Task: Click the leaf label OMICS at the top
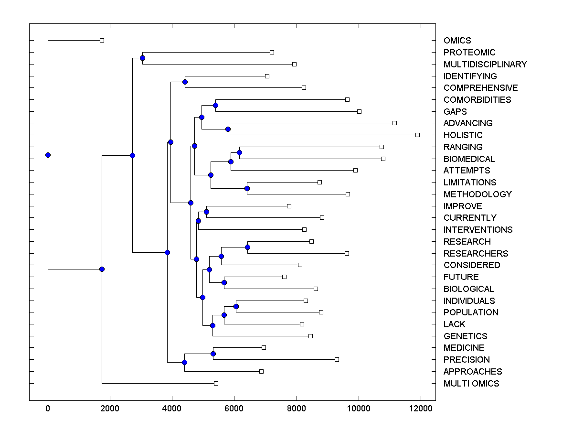(457, 41)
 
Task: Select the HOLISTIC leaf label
(463, 135)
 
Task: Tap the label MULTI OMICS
(471, 384)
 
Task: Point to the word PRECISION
(467, 360)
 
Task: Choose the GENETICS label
(465, 336)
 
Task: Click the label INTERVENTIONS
(478, 230)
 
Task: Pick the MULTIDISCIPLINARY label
(485, 64)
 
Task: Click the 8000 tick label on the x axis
(297, 408)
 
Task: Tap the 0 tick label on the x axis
(48, 408)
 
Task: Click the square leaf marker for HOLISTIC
(417, 135)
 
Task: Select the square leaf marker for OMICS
(102, 41)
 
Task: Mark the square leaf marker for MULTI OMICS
(216, 383)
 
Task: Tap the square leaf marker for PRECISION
(337, 359)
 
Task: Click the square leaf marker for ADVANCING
(394, 123)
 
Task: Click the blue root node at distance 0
(48, 155)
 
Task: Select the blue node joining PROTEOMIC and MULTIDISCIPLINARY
(142, 58)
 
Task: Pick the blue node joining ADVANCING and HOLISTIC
(228, 129)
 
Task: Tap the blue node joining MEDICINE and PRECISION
(213, 354)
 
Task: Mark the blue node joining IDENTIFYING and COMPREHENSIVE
(185, 82)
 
